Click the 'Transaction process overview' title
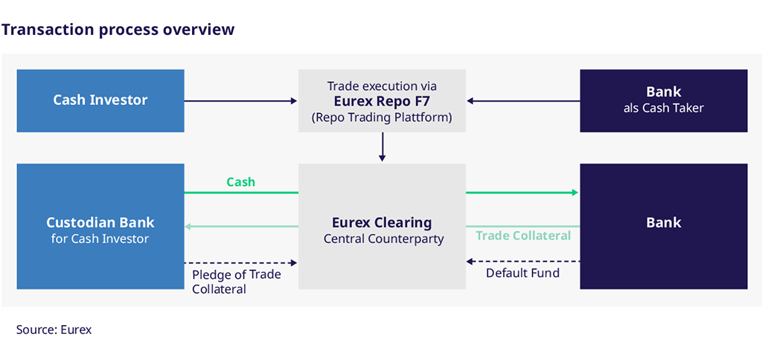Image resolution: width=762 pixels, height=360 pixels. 118,30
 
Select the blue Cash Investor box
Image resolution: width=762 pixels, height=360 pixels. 100,100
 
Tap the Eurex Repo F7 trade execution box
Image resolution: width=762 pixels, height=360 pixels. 382,100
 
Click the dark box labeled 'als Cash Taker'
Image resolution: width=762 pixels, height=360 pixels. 663,100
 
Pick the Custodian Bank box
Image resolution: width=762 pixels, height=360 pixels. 100,226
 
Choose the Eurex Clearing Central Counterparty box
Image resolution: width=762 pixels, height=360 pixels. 382,226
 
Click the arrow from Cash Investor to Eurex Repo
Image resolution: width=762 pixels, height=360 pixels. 241,101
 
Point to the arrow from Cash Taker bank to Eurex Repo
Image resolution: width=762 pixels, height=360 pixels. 523,101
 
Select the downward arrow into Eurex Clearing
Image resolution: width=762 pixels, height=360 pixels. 382,147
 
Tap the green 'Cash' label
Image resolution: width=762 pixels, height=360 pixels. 240,182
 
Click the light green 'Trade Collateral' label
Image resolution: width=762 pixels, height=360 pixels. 523,236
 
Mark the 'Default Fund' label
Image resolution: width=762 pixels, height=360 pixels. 523,273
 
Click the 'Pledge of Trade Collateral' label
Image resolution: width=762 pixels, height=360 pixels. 236,282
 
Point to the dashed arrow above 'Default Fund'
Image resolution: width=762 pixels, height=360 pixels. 523,261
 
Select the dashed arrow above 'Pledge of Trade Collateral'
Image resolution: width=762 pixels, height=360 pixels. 241,263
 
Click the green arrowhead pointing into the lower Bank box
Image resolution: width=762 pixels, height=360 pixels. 575,193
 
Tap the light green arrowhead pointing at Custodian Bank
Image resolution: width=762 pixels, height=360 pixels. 188,226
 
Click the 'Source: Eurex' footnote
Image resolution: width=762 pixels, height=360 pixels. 54,330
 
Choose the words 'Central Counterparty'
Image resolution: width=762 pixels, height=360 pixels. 383,239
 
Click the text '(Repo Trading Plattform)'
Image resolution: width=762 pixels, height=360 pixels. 382,117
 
